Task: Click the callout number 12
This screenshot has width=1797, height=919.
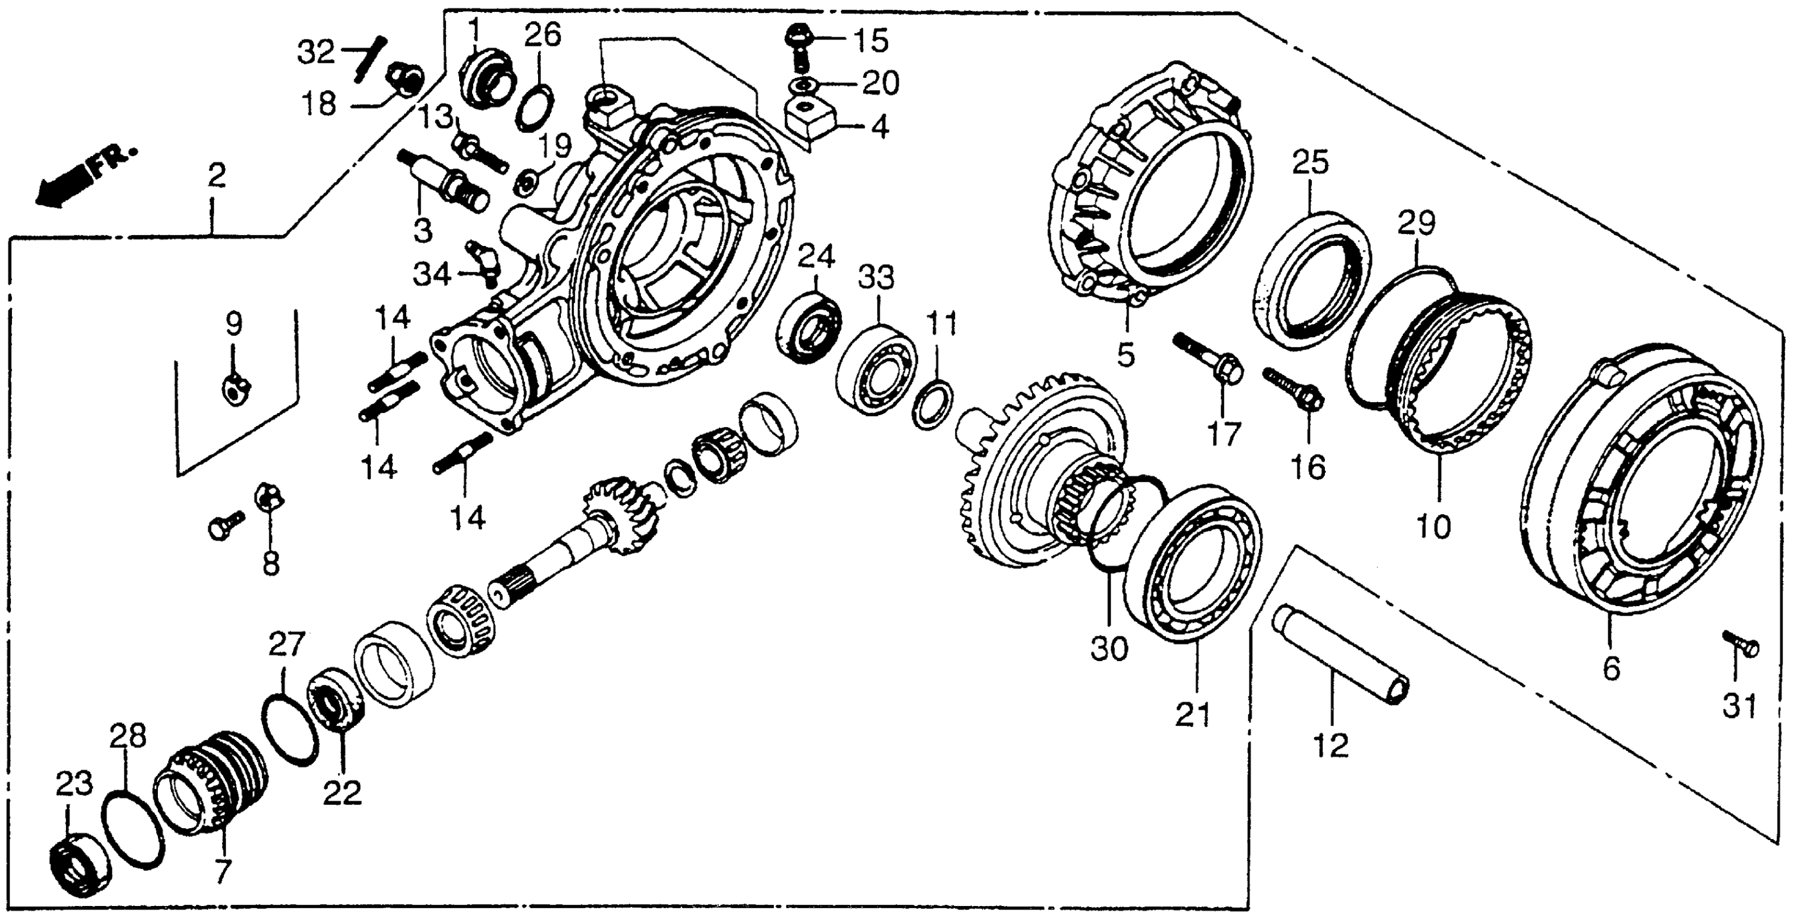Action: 1331,746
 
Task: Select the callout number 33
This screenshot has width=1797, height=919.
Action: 876,278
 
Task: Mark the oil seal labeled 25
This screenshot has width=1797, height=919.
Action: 1311,281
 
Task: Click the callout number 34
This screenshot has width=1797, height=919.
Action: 433,274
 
